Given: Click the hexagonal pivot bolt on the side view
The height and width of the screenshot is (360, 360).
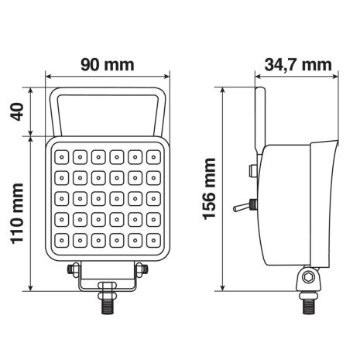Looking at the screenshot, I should [x=310, y=277].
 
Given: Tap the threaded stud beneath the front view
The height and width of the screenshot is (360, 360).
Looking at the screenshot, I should [x=107, y=307].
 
